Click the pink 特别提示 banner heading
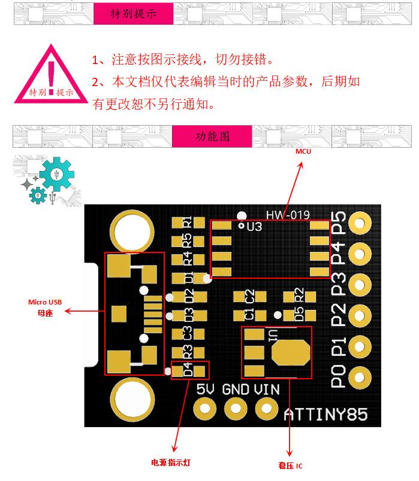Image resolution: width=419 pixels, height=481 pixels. pyautogui.click(x=134, y=14)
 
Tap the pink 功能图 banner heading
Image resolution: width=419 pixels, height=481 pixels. pyautogui.click(x=212, y=136)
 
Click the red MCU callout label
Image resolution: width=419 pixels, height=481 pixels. pyautogui.click(x=303, y=151)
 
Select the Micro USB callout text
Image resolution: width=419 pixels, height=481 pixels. pyautogui.click(x=45, y=302)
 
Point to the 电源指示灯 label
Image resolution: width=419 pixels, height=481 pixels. pyautogui.click(x=171, y=462)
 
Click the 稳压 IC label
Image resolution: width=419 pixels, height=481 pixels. pyautogui.click(x=291, y=465)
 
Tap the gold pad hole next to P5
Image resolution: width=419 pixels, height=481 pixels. pyautogui.click(x=359, y=223)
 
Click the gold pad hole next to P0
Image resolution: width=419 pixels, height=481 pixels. pyautogui.click(x=359, y=378)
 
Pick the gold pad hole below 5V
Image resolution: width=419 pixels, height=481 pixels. pyautogui.click(x=205, y=409)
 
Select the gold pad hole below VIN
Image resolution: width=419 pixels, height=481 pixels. pyautogui.click(x=266, y=409)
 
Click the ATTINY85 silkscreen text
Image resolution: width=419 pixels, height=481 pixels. pyautogui.click(x=325, y=415)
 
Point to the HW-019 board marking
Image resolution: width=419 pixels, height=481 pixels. pyautogui.click(x=288, y=215)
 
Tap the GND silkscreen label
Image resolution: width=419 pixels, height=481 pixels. pyautogui.click(x=236, y=389)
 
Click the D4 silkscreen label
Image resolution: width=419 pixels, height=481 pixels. pyautogui.click(x=188, y=370)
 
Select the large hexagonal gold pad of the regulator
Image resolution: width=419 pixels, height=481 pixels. pyautogui.click(x=291, y=353)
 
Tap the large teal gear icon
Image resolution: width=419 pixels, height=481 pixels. pyautogui.click(x=57, y=174)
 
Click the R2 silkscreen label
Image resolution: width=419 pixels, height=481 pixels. pyautogui.click(x=299, y=295)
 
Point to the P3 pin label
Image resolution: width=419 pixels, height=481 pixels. pyautogui.click(x=338, y=284)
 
